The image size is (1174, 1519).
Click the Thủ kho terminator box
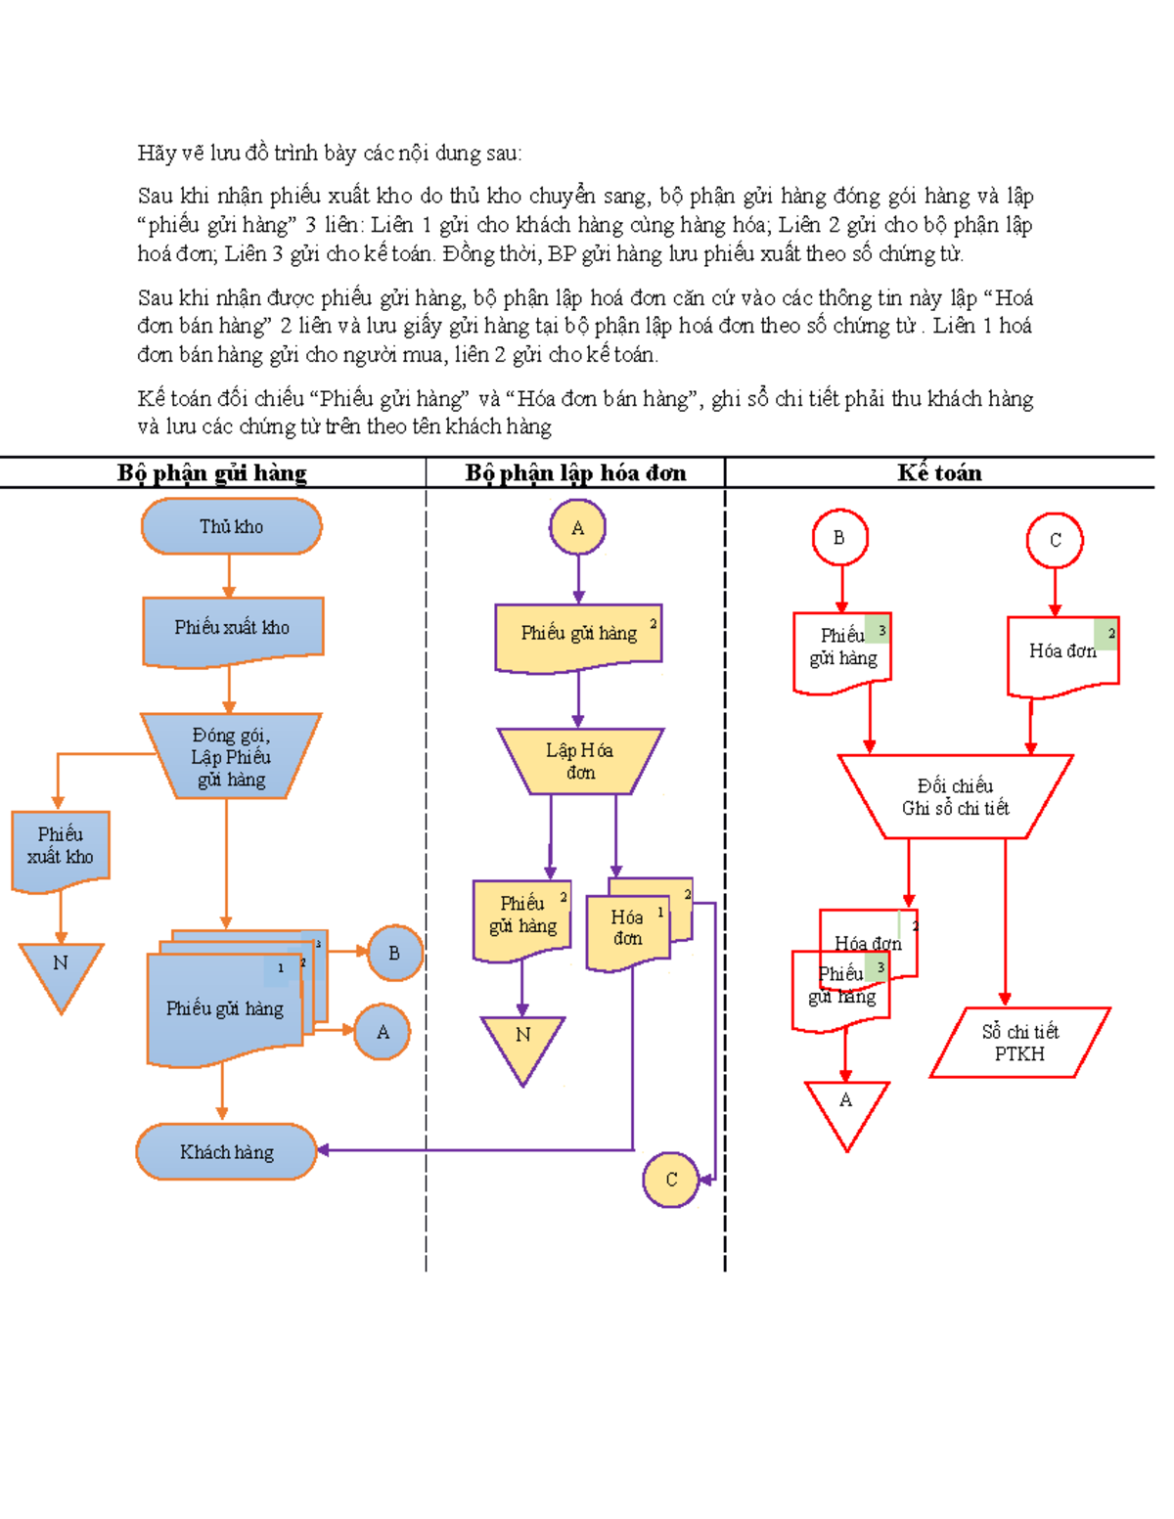click(231, 526)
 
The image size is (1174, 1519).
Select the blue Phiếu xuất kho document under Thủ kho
click(232, 629)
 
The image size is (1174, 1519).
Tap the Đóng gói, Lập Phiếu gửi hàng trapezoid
click(231, 756)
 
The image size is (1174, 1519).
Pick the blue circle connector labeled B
click(394, 953)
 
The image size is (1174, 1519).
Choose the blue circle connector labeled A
click(382, 1032)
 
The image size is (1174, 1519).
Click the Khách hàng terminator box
click(226, 1151)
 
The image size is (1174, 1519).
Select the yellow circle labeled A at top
click(577, 527)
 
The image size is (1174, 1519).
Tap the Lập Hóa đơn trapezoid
click(579, 760)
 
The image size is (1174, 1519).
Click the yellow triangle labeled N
click(522, 1043)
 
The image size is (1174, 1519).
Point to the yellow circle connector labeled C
click(670, 1180)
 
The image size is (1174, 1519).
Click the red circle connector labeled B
click(839, 537)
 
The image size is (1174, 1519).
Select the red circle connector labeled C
click(1055, 540)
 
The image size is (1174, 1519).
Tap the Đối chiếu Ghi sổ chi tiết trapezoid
click(955, 796)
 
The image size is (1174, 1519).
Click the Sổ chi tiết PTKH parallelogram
click(1019, 1043)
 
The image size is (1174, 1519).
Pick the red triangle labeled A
click(846, 1108)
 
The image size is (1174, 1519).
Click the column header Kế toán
click(939, 473)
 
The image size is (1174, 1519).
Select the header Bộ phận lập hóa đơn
click(575, 473)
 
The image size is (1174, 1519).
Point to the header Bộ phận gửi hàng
click(212, 473)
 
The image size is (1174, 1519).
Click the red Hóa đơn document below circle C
click(1062, 653)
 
